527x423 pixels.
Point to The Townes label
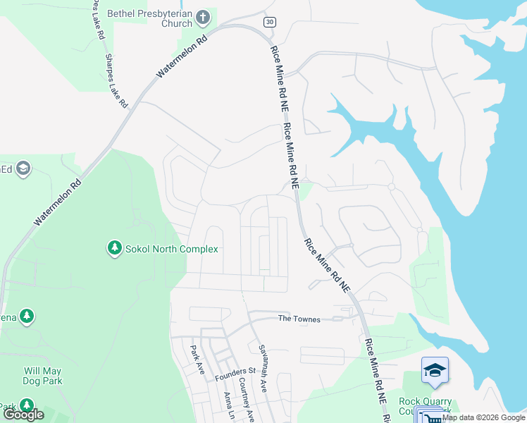299,319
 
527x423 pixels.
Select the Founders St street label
235,371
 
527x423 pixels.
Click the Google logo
23,415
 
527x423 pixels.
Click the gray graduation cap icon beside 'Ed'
23,168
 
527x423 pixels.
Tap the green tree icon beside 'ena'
27,317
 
